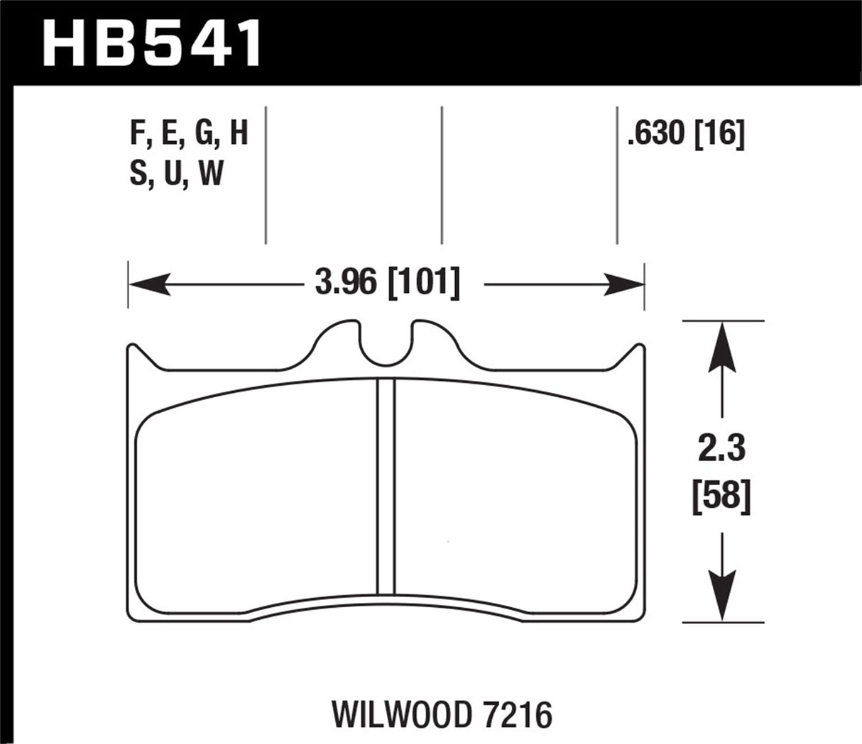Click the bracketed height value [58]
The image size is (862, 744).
pyautogui.click(x=721, y=496)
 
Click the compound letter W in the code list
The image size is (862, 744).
pyautogui.click(x=211, y=174)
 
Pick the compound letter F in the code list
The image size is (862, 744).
pyautogui.click(x=137, y=135)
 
